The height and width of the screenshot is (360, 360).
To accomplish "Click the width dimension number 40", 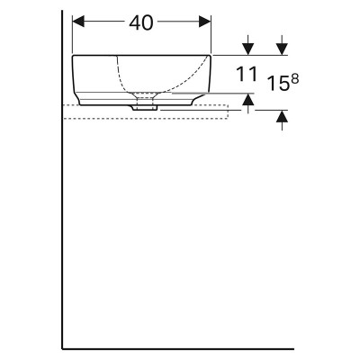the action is (x=141, y=22).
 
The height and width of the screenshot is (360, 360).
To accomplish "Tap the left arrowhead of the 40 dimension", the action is (x=78, y=22).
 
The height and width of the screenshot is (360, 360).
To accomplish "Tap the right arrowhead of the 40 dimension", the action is (x=205, y=22).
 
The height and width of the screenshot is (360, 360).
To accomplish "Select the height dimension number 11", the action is (x=247, y=74).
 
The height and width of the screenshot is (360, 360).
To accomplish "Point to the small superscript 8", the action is (x=295, y=79).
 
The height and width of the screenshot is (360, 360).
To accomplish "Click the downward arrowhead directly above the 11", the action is (x=247, y=49).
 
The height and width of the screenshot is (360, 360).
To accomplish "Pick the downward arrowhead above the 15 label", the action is (x=282, y=49).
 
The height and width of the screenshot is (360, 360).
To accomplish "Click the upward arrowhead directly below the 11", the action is (x=247, y=99).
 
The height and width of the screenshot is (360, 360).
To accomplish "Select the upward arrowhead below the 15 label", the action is (x=282, y=116).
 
